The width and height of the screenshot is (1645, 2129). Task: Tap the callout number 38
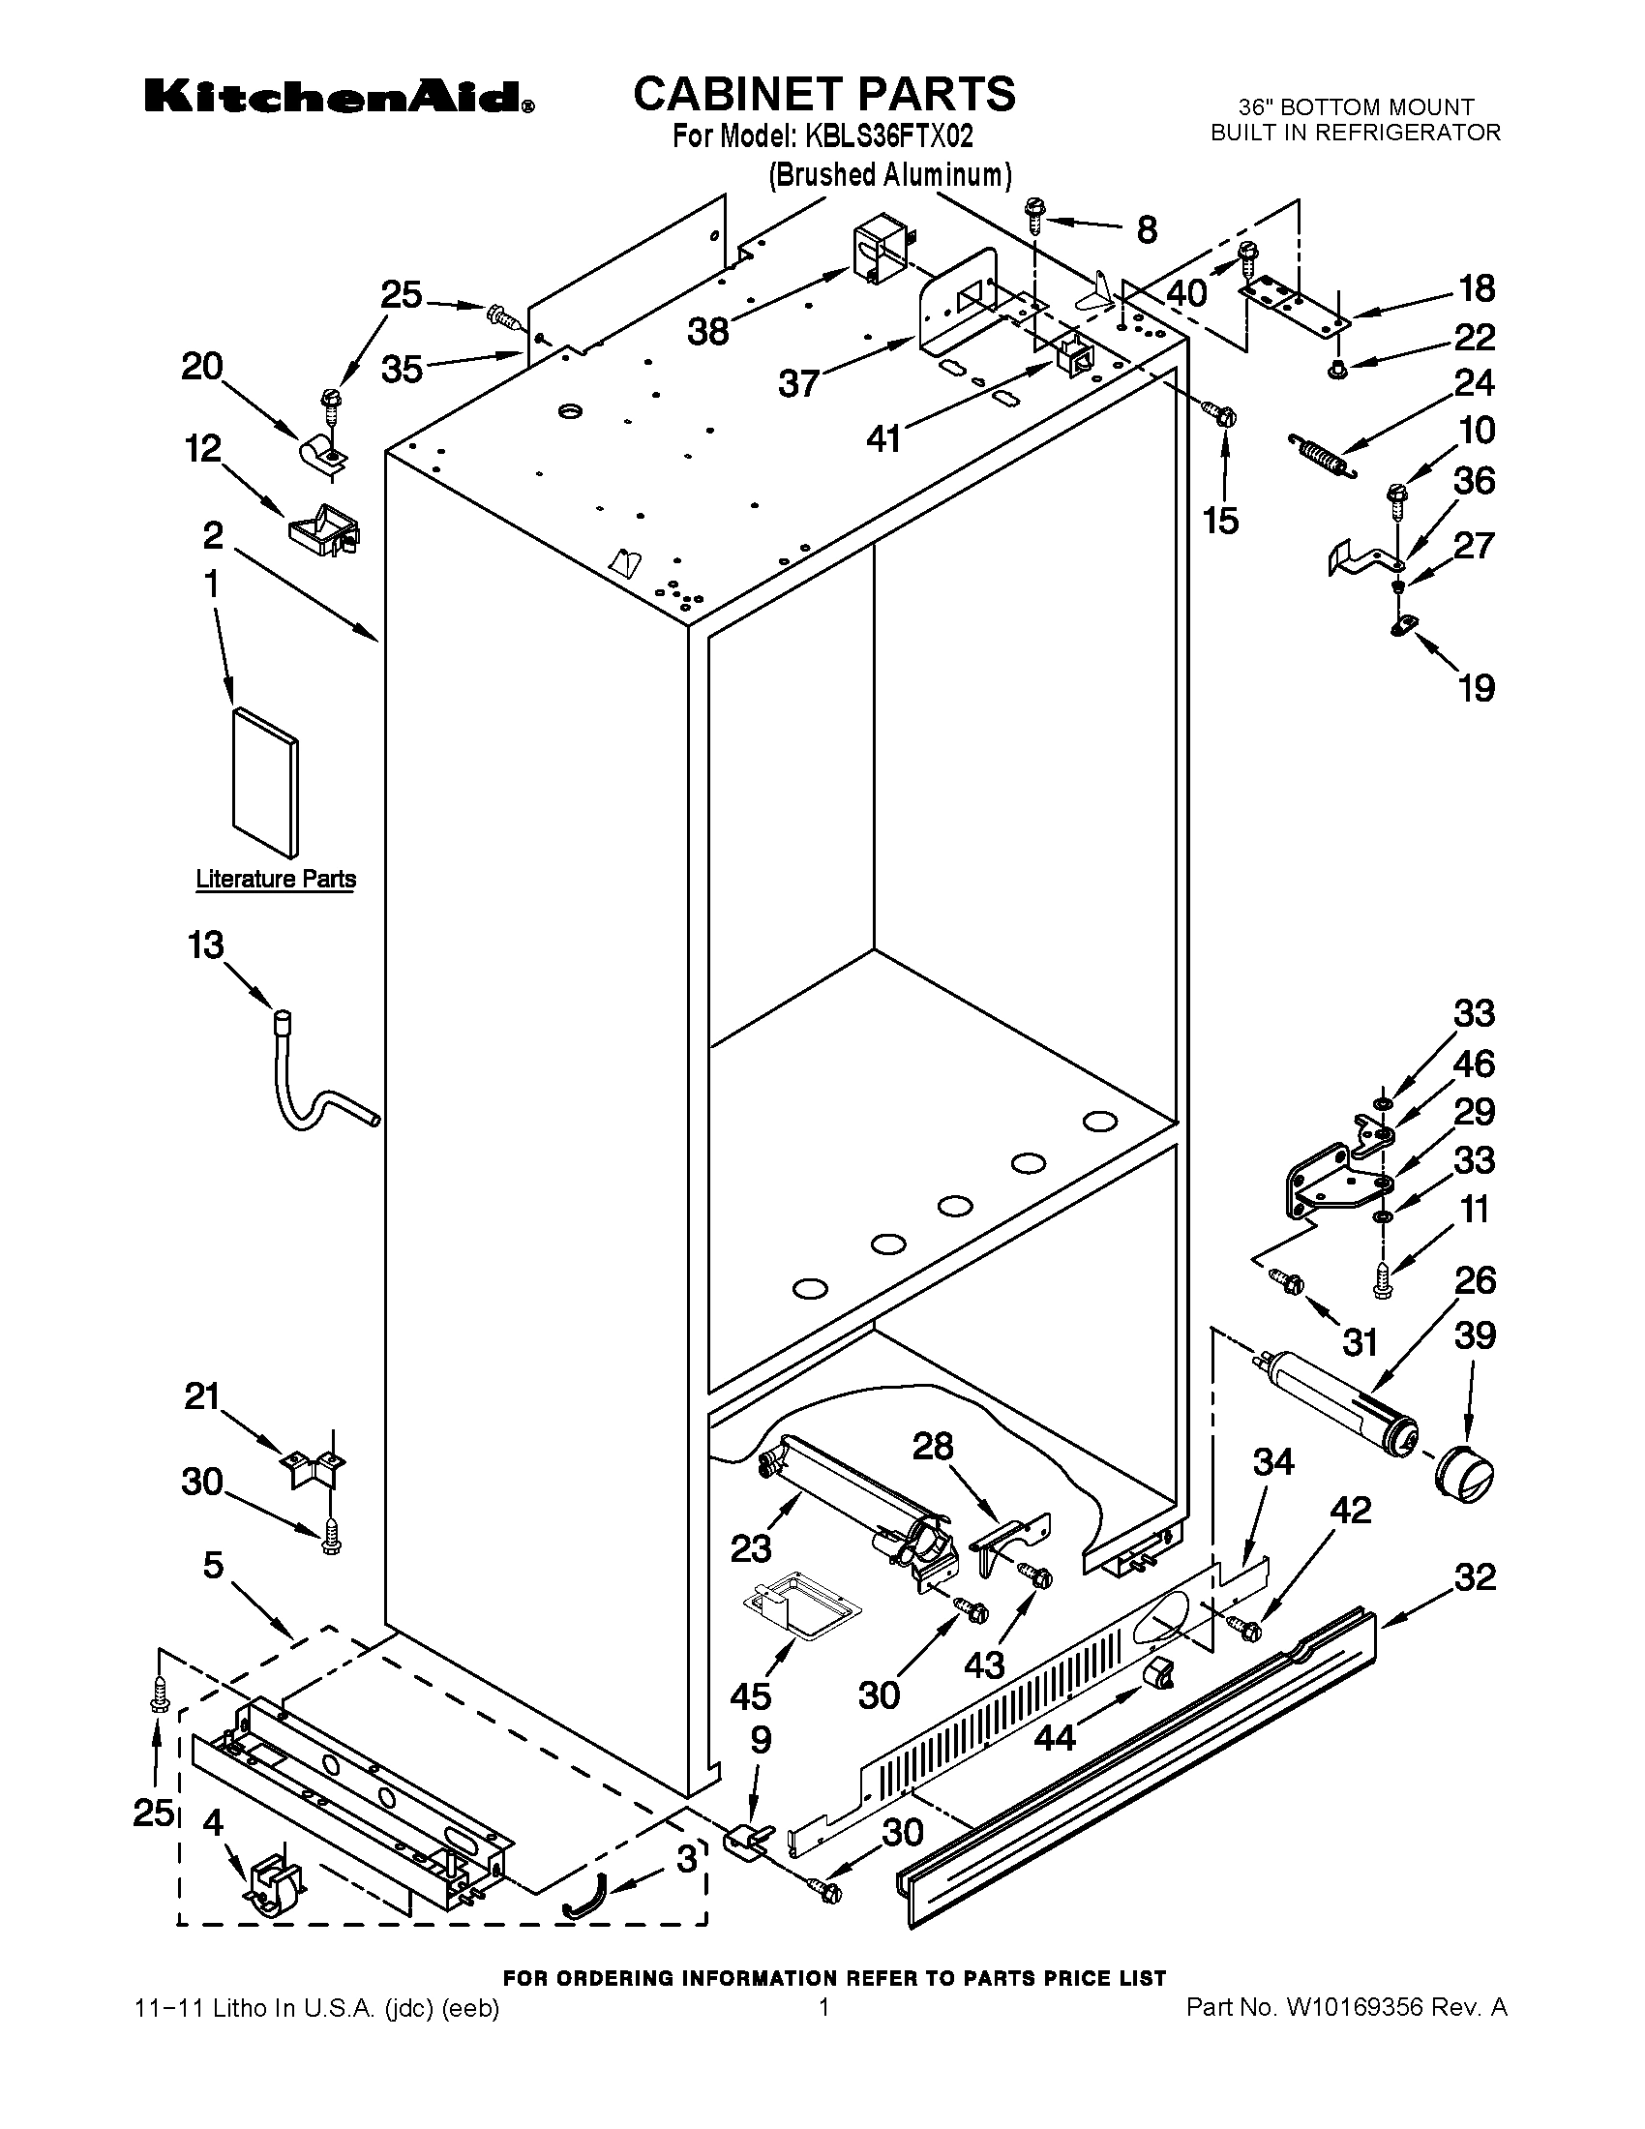click(x=708, y=331)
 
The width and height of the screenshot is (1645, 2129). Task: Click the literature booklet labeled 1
click(x=266, y=783)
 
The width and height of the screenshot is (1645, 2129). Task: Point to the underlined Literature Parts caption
click(x=276, y=879)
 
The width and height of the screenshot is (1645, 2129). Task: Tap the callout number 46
click(x=1474, y=1064)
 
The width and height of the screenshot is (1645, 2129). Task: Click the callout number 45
click(x=750, y=1696)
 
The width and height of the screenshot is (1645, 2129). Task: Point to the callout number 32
click(x=1475, y=1577)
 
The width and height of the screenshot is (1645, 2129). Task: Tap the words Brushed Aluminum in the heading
click(x=889, y=175)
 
